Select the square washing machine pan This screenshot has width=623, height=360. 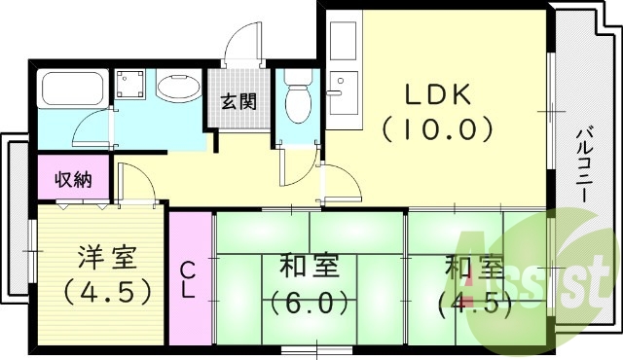[x=129, y=86]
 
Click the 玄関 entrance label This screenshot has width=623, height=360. [x=238, y=101]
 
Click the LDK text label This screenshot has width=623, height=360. [x=437, y=95]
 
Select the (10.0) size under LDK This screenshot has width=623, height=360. [x=437, y=127]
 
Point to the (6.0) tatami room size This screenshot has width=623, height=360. [x=309, y=302]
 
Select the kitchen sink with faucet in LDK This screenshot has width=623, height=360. [x=343, y=92]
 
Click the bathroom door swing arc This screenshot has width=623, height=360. [x=95, y=126]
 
